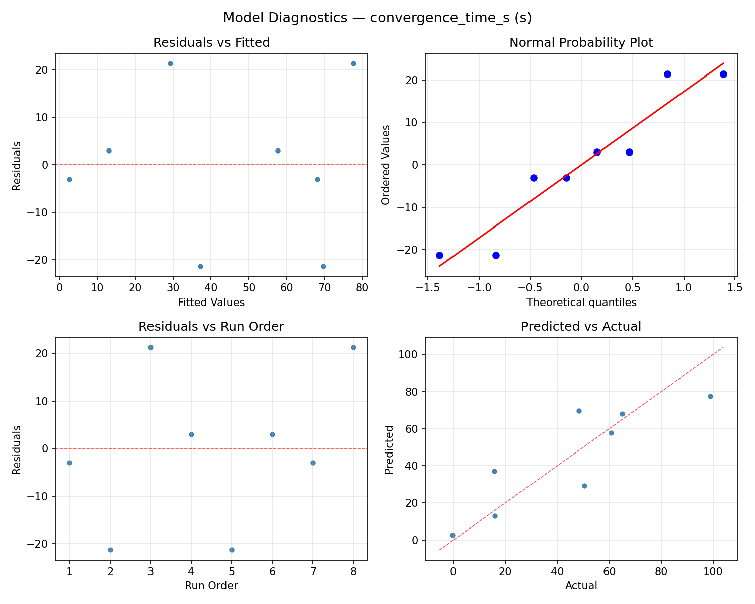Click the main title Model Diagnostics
tap(377, 18)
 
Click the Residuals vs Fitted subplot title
tap(211, 43)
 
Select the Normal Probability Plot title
tap(581, 43)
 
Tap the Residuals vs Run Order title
tap(211, 327)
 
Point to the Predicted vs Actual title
tap(581, 327)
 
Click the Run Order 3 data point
tap(150, 347)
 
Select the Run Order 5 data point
tap(232, 550)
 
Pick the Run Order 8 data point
tap(353, 347)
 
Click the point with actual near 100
tap(710, 396)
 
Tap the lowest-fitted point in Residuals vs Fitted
tap(69, 179)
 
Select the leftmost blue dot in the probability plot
tap(439, 255)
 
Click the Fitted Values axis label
tap(211, 303)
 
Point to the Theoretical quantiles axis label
tap(581, 303)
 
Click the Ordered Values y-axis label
tap(386, 165)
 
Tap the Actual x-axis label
tap(581, 586)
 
